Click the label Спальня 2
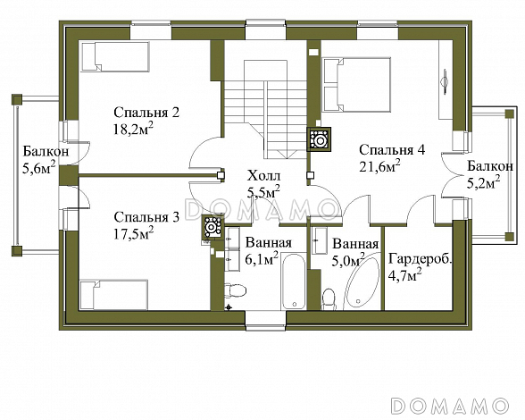click(146, 113)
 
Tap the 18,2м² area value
click(134, 129)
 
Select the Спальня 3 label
click(146, 217)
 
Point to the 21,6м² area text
click(379, 165)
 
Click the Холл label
click(263, 176)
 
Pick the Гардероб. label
click(421, 259)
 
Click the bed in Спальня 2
click(115, 56)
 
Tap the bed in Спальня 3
click(114, 295)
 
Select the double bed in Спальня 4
click(356, 85)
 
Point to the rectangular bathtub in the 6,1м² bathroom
click(293, 281)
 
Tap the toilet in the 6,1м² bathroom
click(235, 290)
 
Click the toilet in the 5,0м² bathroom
click(328, 298)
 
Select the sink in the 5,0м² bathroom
click(320, 240)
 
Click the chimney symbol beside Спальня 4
click(319, 139)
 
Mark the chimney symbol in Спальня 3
click(212, 227)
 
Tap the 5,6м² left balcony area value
click(39, 168)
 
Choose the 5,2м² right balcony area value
click(484, 181)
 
